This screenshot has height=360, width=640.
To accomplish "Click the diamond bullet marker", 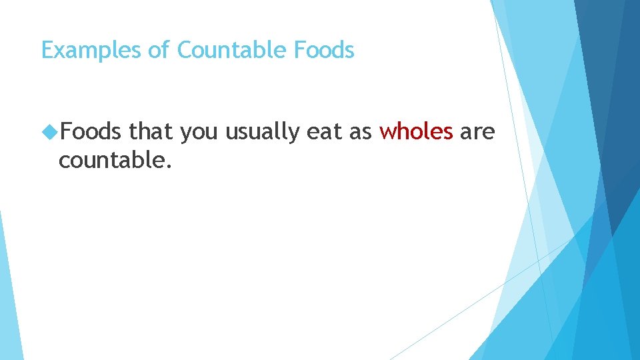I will (x=49, y=133).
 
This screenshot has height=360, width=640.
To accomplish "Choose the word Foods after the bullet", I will (x=90, y=132).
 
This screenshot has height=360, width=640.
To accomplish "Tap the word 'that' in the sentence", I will (x=151, y=132).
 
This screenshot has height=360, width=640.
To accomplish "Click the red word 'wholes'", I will (x=416, y=132).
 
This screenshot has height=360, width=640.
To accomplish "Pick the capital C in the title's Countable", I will (x=184, y=50).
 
